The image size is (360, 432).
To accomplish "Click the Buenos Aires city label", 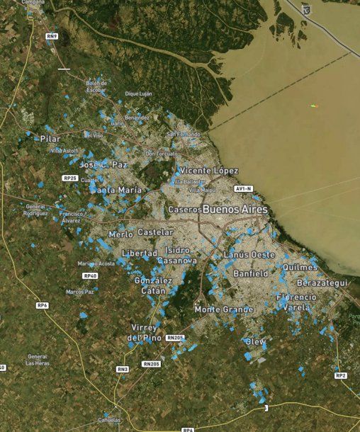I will point(235,210).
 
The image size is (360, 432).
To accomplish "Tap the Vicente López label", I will point(209,171).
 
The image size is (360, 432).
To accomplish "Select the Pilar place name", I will point(50,138).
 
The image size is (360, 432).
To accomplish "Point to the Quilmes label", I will point(300,267).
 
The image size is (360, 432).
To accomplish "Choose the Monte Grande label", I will point(224,309).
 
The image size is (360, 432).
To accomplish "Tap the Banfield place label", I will point(250,273).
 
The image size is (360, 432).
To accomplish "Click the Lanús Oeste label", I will point(249,254).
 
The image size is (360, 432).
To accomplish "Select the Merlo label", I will point(121,234).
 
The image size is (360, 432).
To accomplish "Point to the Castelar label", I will point(155,232).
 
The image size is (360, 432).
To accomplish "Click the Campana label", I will point(33,2).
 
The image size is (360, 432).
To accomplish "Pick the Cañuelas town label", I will point(108,419).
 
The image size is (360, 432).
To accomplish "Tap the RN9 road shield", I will point(51,35).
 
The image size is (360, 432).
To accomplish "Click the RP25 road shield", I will point(69,178).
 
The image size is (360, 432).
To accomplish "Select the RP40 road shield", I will point(89,275).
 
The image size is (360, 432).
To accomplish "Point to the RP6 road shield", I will point(42,305).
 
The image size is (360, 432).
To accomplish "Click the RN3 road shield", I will point(123,369).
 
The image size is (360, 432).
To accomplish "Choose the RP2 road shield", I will point(341,375).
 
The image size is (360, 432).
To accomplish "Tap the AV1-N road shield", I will point(244,189).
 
